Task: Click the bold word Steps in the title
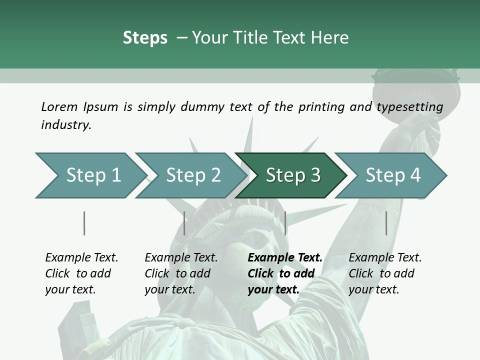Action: (145, 38)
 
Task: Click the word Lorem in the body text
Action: (59, 106)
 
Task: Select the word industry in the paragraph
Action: (65, 124)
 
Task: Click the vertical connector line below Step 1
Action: (84, 223)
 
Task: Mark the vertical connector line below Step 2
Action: (184, 223)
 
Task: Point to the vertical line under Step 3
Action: (285, 223)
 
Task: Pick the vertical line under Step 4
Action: (386, 223)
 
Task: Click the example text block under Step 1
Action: (81, 273)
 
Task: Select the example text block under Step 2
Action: (181, 273)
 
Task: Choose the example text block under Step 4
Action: (385, 273)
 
